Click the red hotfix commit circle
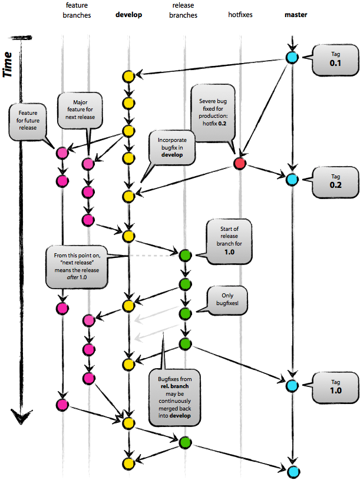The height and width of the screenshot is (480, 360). tap(240, 163)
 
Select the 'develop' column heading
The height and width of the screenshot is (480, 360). tap(128, 14)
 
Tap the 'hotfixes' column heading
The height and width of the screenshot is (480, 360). tap(240, 14)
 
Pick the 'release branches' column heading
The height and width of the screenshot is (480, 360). tap(184, 10)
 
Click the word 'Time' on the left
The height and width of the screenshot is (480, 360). tap(8, 64)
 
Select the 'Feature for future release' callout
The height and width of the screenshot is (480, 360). tap(28, 121)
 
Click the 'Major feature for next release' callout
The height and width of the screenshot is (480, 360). tap(81, 110)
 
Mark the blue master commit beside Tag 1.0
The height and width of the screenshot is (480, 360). tap(292, 386)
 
